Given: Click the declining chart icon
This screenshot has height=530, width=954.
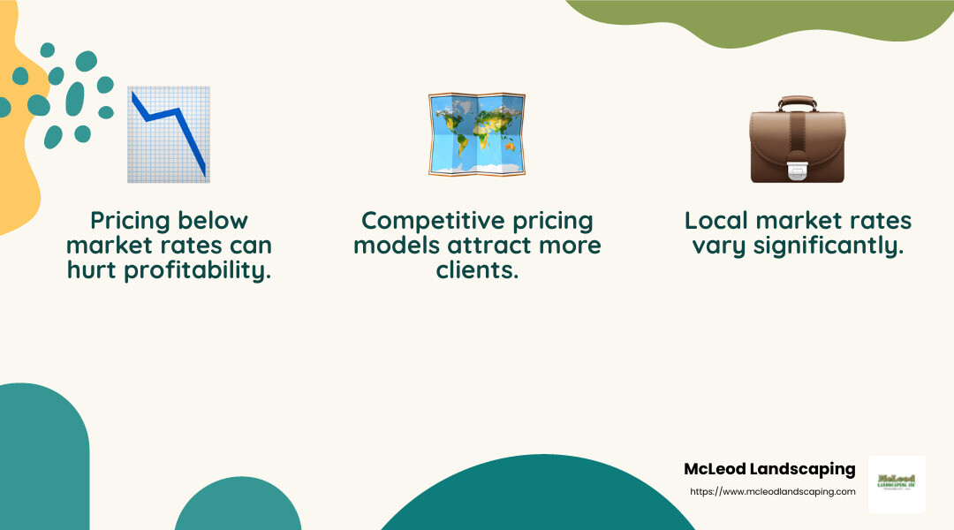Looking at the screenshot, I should click(169, 134).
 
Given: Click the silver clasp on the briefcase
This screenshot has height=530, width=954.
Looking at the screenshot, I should click(797, 170).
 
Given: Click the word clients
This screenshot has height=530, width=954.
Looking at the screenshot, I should click(477, 270).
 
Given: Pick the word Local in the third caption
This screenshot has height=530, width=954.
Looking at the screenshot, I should click(716, 221).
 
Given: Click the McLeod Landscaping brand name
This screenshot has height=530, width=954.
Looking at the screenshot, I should click(769, 469).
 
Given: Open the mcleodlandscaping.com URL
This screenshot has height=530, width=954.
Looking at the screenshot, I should click(771, 491).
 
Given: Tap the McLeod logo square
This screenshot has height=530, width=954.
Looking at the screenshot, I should click(897, 484).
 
